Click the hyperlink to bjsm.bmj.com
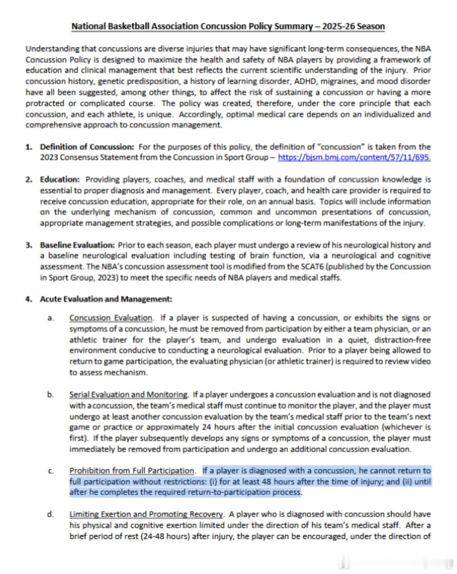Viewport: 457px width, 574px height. click(354, 157)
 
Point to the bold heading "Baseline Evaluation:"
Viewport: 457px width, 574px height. click(77, 245)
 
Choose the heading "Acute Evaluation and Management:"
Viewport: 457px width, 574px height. click(106, 300)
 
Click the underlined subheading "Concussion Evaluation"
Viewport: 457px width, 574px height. click(111, 318)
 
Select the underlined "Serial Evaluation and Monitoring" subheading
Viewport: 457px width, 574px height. click(129, 394)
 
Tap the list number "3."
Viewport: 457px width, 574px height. click(29, 245)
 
